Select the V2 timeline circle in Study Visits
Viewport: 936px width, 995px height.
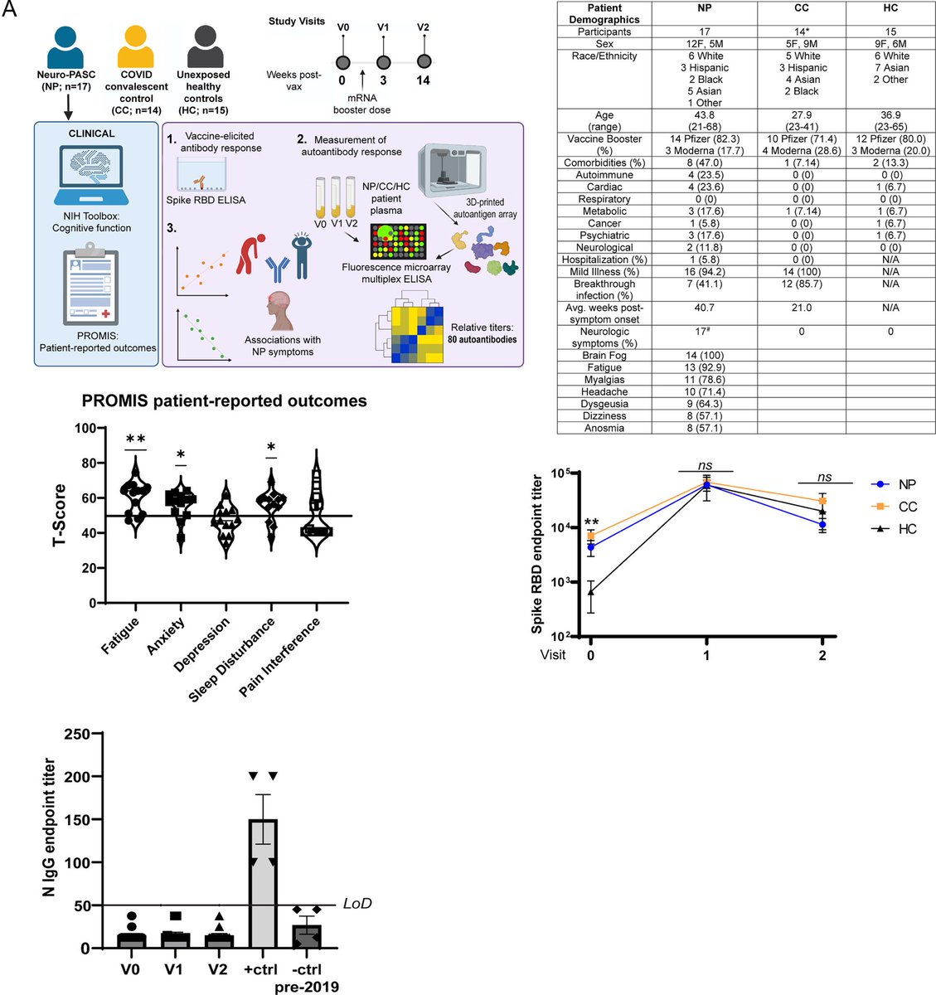point(424,62)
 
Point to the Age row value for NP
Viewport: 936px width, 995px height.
point(705,121)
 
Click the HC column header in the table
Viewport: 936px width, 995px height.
point(890,8)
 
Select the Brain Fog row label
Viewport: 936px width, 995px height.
point(604,355)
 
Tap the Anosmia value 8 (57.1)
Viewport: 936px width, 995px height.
point(704,428)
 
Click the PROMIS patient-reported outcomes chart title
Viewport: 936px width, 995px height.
point(224,401)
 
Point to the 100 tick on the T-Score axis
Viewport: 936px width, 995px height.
point(85,428)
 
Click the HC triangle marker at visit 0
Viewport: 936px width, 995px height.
point(591,591)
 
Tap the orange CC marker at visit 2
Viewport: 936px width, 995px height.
point(822,502)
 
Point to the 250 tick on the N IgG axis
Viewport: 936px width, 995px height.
point(80,734)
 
